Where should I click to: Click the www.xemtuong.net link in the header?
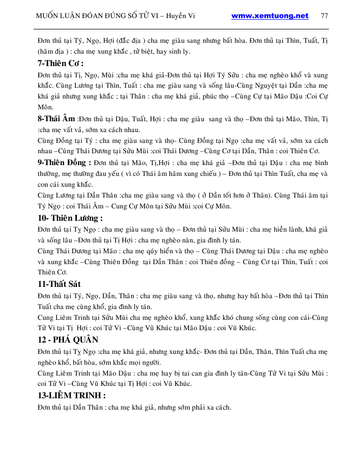[270, 15]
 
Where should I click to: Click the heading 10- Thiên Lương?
[70, 218]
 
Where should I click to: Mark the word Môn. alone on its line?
[45, 107]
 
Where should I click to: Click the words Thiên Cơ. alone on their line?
[53, 272]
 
